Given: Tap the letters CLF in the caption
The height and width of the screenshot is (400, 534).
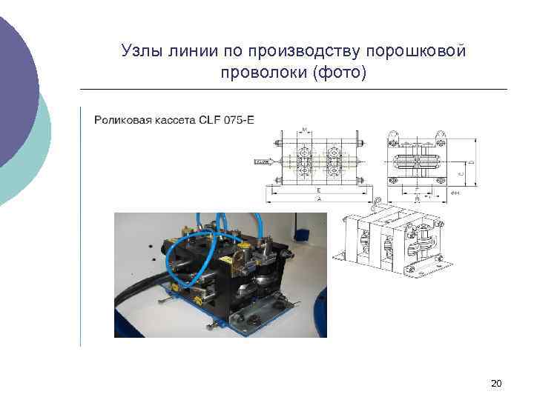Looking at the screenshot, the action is [x=208, y=119].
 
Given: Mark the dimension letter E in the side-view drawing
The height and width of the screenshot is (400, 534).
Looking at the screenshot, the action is [x=318, y=190].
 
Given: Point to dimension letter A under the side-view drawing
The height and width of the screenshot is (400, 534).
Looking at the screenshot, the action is [x=318, y=199].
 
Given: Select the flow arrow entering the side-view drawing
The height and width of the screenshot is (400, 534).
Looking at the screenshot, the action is [x=264, y=160].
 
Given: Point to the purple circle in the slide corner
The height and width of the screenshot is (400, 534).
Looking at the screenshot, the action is [x=15, y=89].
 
